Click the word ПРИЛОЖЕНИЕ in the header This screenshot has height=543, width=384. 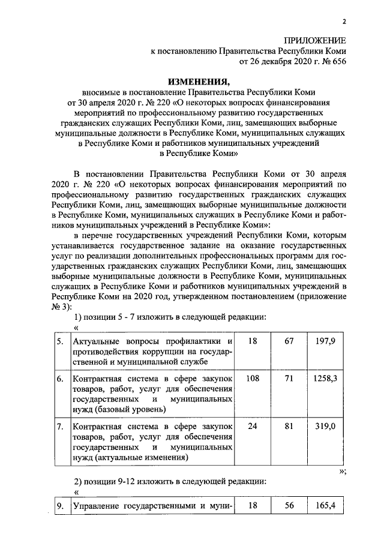(316, 40)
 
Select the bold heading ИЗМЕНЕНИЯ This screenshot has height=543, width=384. (198, 82)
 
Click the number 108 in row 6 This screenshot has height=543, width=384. (252, 379)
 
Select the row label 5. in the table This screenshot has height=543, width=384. (60, 341)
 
